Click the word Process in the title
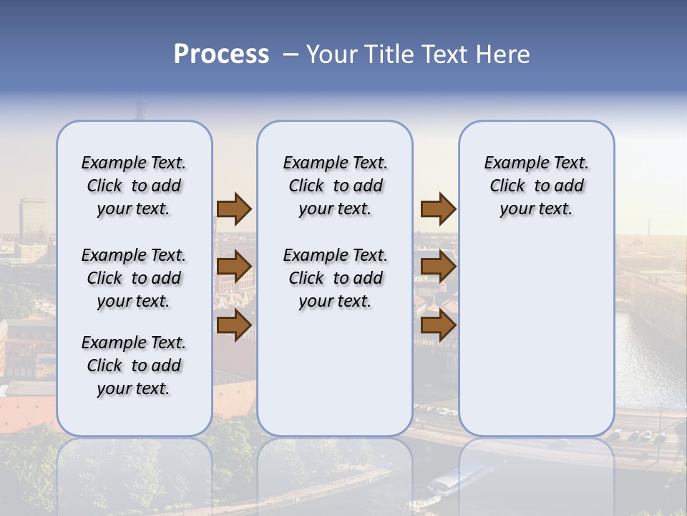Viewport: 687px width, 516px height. point(221,54)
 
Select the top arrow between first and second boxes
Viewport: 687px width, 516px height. point(234,209)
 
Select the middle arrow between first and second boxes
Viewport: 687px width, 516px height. point(234,267)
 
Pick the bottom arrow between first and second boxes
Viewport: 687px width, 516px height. point(234,325)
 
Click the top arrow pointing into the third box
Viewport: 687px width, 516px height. point(438,209)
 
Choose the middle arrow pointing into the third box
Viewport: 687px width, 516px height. point(438,267)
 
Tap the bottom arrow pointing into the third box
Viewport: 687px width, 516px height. point(438,325)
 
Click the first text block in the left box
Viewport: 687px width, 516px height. point(134,186)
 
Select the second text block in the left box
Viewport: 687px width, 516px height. point(134,278)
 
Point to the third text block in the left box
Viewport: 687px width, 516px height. point(134,365)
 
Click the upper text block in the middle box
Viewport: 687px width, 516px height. point(335,186)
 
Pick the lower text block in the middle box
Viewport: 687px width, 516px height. point(335,278)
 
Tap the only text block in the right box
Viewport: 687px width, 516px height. point(536,186)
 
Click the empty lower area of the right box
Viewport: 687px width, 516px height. point(536,337)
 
